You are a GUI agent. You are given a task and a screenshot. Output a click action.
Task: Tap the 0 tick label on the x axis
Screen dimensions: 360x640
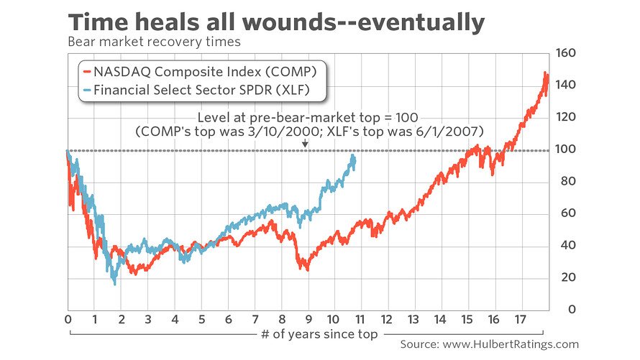(68, 318)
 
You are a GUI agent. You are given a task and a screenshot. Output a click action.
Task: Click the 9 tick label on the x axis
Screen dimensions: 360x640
(308, 318)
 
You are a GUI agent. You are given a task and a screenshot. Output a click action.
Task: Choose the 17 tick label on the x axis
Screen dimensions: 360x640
(520, 318)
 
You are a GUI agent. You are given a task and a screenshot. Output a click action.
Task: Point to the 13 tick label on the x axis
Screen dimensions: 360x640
(413, 318)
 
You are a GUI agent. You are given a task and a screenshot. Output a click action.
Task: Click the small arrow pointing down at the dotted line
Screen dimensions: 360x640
(305, 144)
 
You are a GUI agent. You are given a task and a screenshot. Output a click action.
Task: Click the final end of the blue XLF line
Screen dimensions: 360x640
(354, 157)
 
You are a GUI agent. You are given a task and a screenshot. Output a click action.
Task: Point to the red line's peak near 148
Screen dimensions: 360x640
(546, 73)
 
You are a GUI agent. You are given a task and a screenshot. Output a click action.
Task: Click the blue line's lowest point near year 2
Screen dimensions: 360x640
(114, 284)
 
